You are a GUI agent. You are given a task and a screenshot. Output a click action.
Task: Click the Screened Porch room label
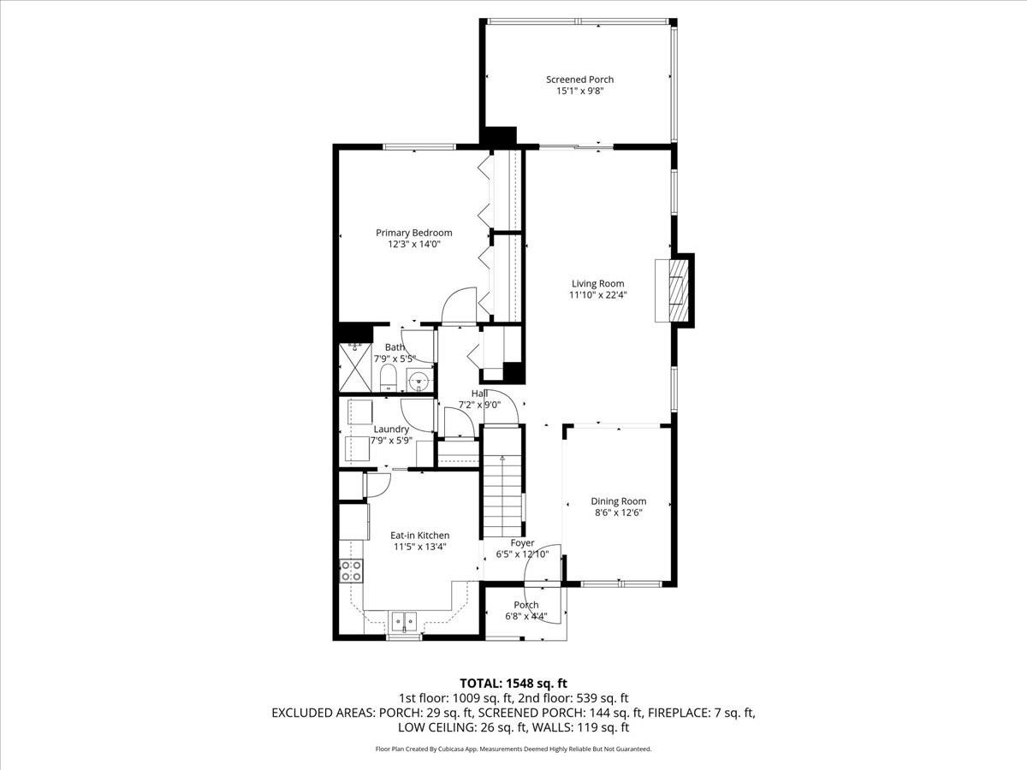click(579, 80)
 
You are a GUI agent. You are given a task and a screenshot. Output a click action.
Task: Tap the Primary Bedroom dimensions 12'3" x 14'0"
click(414, 244)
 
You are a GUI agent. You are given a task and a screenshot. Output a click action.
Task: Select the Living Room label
click(597, 283)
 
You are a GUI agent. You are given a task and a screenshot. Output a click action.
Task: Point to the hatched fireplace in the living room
click(677, 290)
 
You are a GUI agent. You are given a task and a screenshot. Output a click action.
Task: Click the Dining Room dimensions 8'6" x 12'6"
click(618, 512)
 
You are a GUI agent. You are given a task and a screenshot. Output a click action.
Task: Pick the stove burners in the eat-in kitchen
click(350, 571)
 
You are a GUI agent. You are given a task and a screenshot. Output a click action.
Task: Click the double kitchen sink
click(403, 620)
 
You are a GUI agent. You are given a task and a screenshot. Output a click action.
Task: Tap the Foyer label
click(522, 542)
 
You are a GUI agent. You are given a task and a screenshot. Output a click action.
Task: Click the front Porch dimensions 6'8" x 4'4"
click(525, 616)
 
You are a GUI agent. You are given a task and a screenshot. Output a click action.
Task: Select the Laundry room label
click(391, 429)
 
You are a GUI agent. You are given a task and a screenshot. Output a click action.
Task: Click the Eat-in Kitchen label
click(419, 535)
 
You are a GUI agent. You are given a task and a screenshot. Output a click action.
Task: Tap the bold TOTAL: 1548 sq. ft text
click(513, 683)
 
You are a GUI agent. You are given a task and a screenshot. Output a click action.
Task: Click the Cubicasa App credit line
click(513, 749)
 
